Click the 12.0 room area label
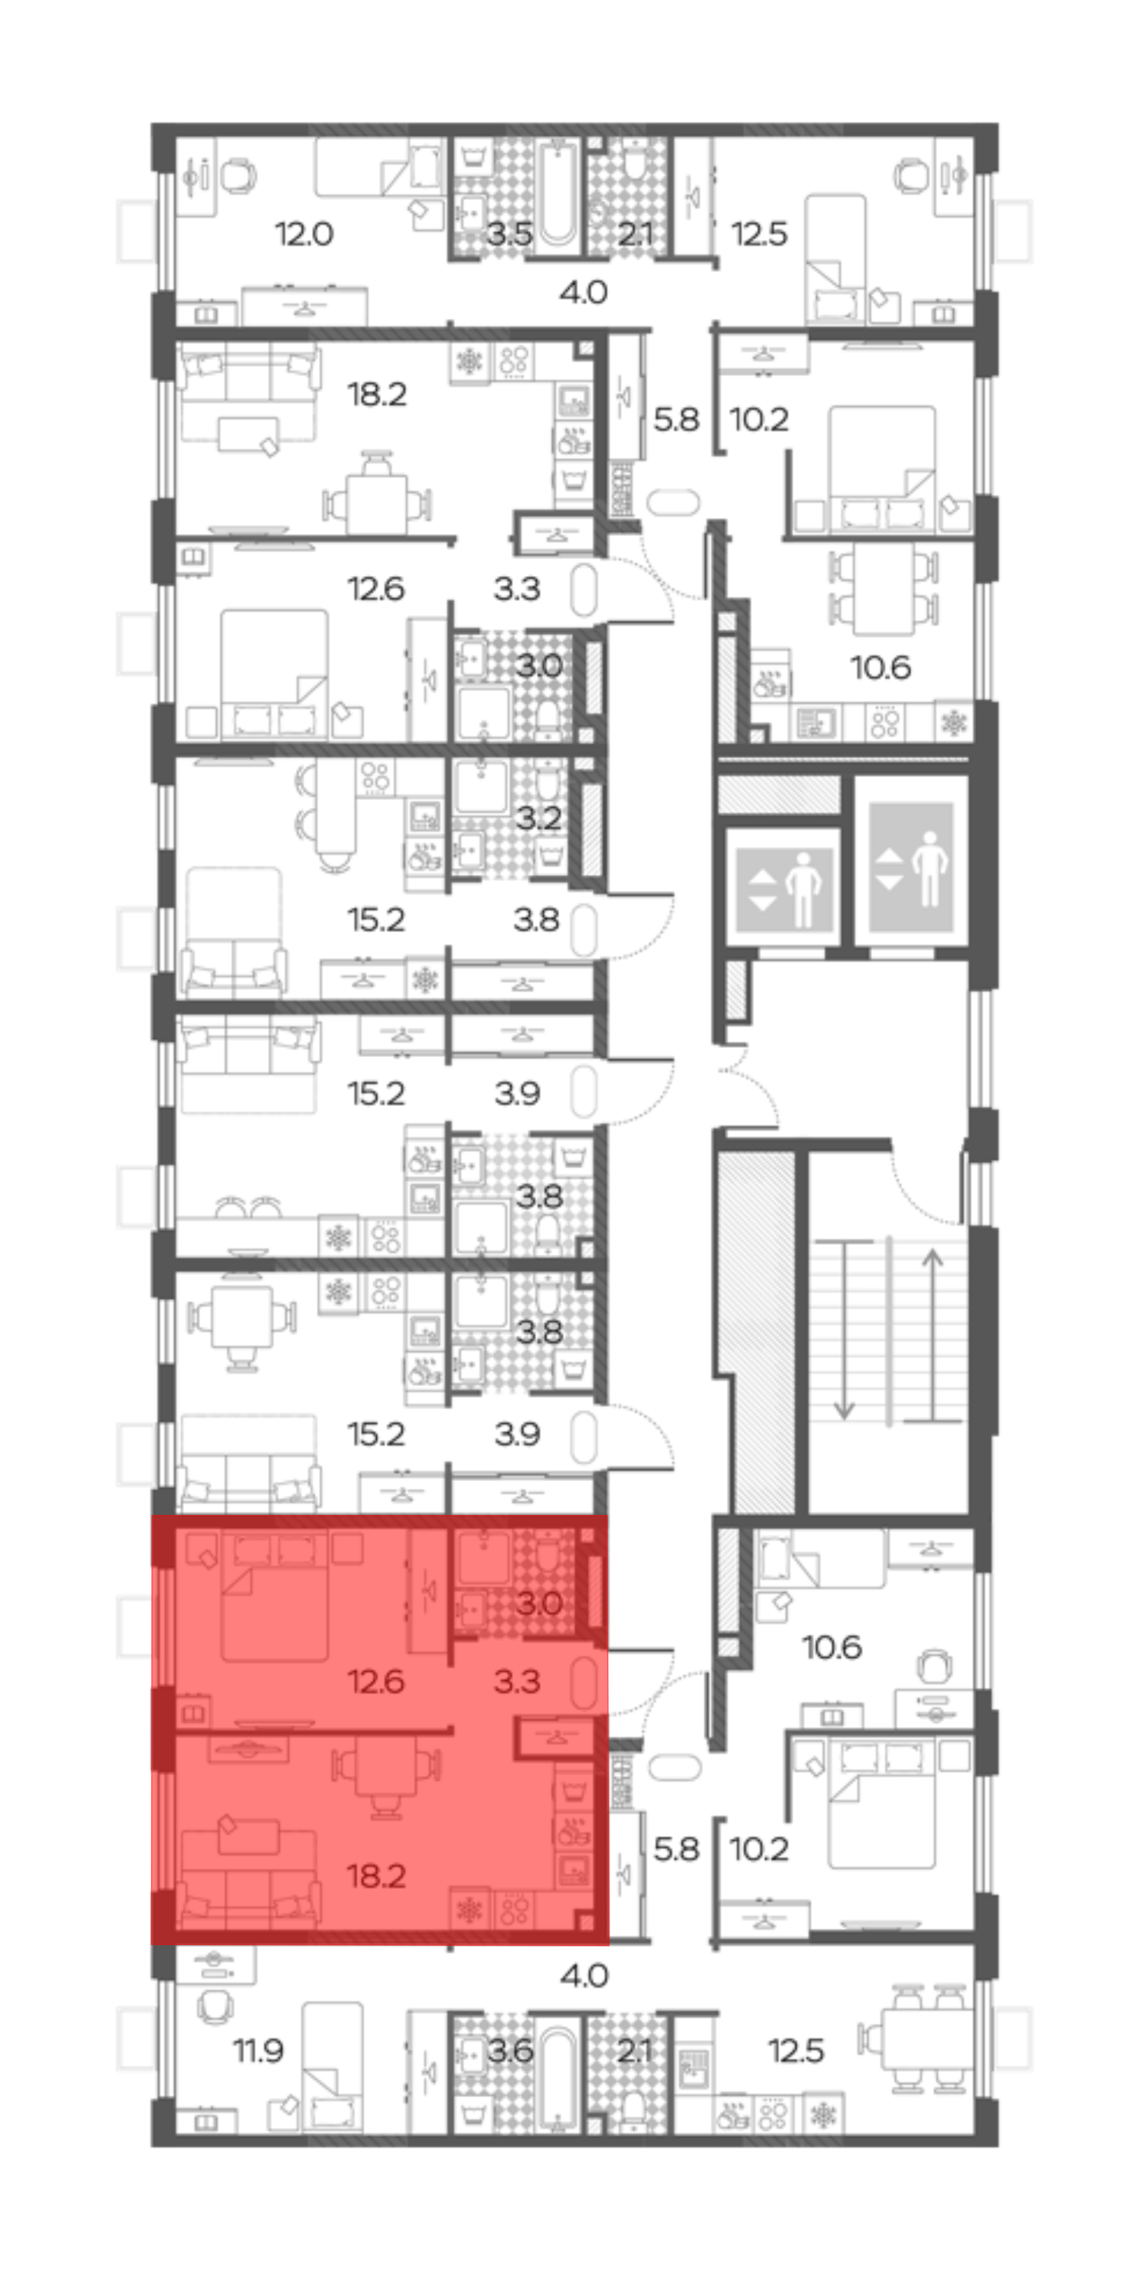[x=304, y=234]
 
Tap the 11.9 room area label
[x=258, y=2051]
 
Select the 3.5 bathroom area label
[x=509, y=234]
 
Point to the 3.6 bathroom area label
[x=509, y=2051]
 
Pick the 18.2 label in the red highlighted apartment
[x=376, y=1876]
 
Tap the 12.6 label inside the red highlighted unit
[x=376, y=1681]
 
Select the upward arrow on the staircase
[x=932, y=1334]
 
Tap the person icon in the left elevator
[x=803, y=889]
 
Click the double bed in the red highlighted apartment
[x=274, y=1596]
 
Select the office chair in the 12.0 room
[x=237, y=175]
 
